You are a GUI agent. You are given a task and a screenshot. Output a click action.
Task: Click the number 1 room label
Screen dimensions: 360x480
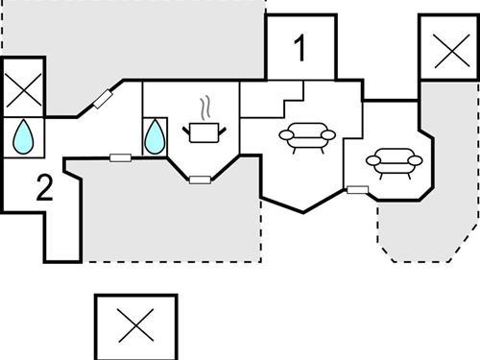coord(300,48)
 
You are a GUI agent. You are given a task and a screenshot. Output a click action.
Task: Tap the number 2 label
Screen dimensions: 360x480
coord(44,189)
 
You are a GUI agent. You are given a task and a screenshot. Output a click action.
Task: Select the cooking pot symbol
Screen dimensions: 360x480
coord(202,132)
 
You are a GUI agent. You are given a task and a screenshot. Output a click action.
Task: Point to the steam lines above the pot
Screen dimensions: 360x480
coord(204,105)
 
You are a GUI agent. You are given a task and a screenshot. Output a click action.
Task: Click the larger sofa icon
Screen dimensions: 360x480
coord(306,139)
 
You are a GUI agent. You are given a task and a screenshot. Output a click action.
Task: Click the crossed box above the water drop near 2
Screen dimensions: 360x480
coord(23,95)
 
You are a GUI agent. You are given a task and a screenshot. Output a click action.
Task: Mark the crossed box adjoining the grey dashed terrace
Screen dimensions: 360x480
coord(448,50)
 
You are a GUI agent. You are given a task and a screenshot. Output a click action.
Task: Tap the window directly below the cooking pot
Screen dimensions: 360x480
coord(199,179)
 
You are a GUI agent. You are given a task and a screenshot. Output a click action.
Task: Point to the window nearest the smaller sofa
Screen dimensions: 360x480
coord(357,189)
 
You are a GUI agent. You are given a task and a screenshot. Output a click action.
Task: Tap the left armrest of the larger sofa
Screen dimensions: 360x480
coord(284,139)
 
